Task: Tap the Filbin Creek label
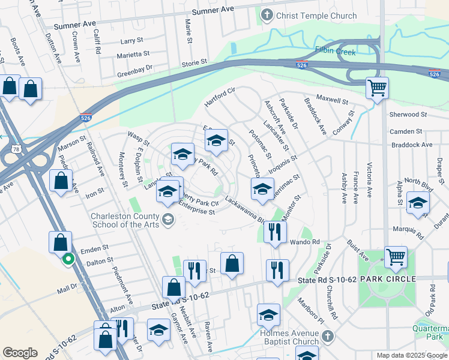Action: click(336, 52)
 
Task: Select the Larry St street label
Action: click(131, 41)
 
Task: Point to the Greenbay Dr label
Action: click(134, 68)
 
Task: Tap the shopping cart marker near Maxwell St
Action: click(377, 89)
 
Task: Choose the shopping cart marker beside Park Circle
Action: click(396, 257)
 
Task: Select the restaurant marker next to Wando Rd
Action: click(275, 232)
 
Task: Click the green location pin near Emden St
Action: click(68, 259)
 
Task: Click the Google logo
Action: click(20, 353)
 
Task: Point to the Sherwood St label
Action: click(407, 114)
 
